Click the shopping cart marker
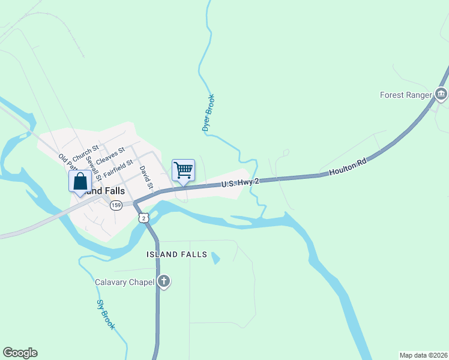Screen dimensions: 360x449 183,170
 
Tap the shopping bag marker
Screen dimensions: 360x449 80,182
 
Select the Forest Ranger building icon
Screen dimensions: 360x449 441,95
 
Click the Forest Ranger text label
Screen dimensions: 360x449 406,95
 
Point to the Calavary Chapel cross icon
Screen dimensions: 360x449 164,282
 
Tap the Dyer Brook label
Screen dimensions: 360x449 208,113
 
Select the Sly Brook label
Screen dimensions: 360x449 106,314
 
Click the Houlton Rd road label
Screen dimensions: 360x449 348,167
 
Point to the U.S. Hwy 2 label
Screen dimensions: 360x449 240,182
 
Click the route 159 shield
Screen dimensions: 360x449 116,205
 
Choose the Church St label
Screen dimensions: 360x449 85,154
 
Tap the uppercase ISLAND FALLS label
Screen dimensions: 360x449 176,254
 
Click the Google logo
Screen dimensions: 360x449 20,353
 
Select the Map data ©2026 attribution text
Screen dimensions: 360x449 423,355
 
